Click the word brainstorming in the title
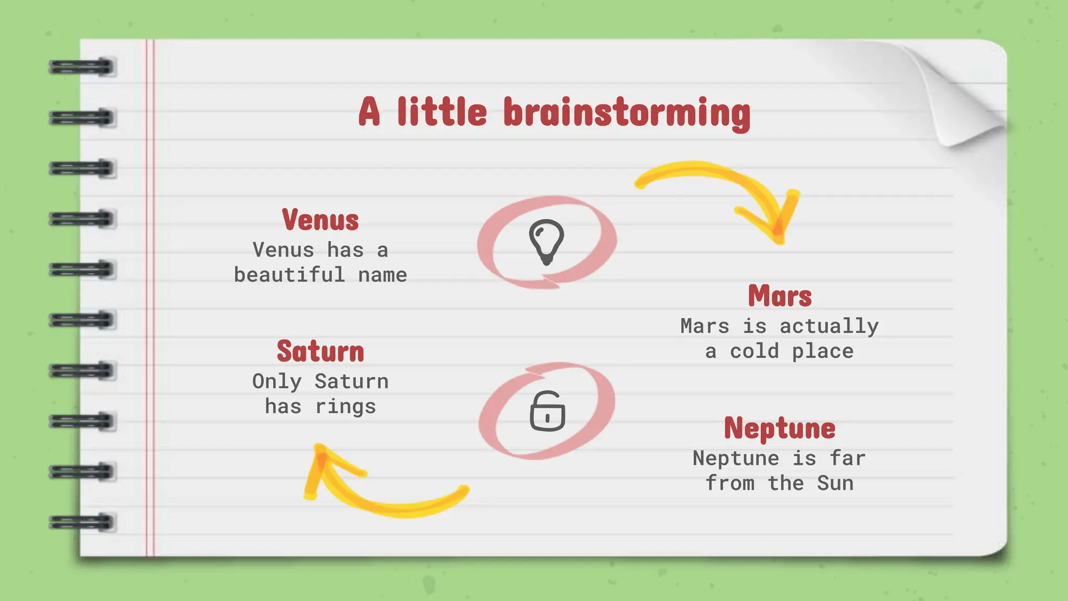pyautogui.click(x=627, y=113)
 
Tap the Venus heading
pyautogui.click(x=320, y=220)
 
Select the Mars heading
pyautogui.click(x=780, y=296)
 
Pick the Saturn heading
pyautogui.click(x=320, y=352)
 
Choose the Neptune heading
pyautogui.click(x=780, y=429)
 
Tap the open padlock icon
pyautogui.click(x=547, y=411)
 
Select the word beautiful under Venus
pyautogui.click(x=289, y=275)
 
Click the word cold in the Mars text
pyautogui.click(x=755, y=352)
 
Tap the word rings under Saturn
pyautogui.click(x=345, y=407)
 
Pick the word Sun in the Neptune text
pyautogui.click(x=835, y=484)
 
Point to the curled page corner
pyautogui.click(x=965, y=99)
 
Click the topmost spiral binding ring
pyautogui.click(x=82, y=67)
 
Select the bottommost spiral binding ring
pyautogui.click(x=82, y=522)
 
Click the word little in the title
pyautogui.click(x=442, y=113)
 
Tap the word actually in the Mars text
pyautogui.click(x=829, y=327)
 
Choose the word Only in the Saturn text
pyautogui.click(x=277, y=382)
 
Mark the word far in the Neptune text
pyautogui.click(x=847, y=459)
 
